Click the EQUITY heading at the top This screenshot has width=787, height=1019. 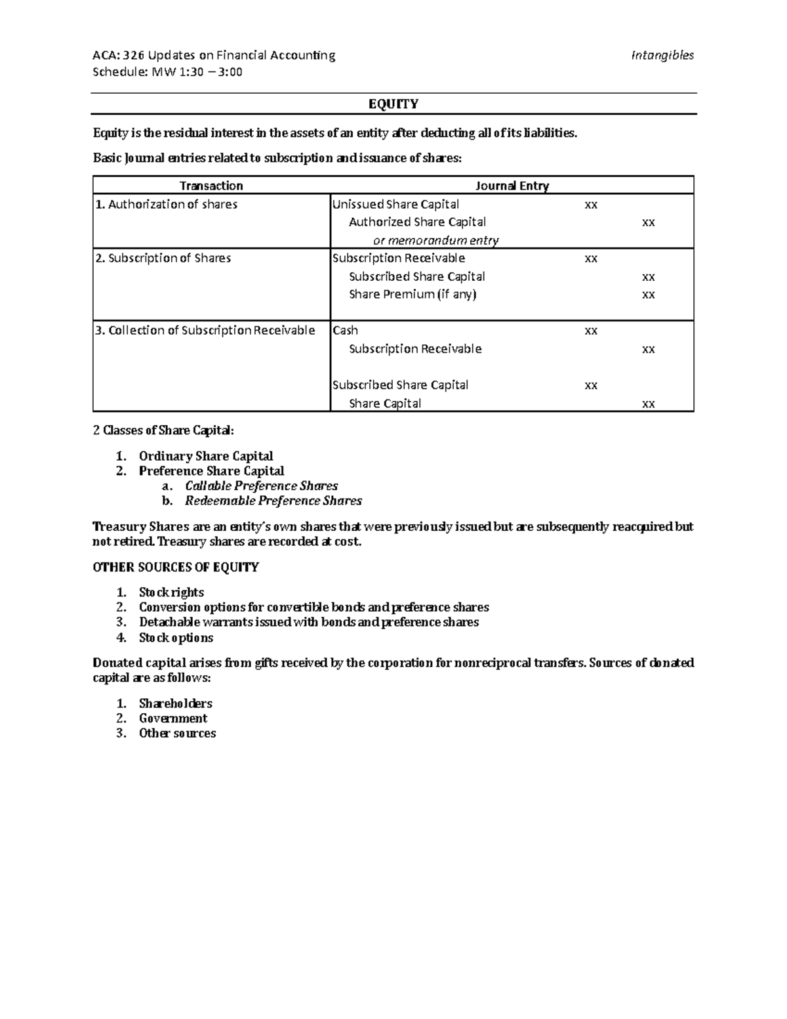(393, 104)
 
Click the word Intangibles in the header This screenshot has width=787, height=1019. (662, 56)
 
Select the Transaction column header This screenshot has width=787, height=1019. (211, 186)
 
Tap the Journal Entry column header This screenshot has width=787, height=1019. (512, 186)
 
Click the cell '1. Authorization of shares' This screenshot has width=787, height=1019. (166, 205)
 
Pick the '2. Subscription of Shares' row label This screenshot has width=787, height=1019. (163, 259)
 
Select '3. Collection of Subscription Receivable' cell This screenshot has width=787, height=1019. (205, 331)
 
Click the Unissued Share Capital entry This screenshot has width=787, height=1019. (395, 205)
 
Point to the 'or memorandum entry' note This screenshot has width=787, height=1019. (435, 241)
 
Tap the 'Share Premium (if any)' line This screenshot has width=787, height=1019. (413, 295)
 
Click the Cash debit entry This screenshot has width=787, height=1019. (345, 331)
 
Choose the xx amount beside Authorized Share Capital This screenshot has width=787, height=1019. (648, 223)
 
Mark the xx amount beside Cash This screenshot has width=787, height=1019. (590, 331)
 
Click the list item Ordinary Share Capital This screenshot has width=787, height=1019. (205, 456)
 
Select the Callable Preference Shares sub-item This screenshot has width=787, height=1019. (261, 486)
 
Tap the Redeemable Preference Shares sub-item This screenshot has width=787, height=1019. (273, 501)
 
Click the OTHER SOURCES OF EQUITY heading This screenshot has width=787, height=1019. (176, 568)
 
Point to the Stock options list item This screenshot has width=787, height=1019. (176, 638)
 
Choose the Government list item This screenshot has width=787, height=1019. (173, 718)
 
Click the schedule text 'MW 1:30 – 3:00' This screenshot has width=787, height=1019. (197, 72)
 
